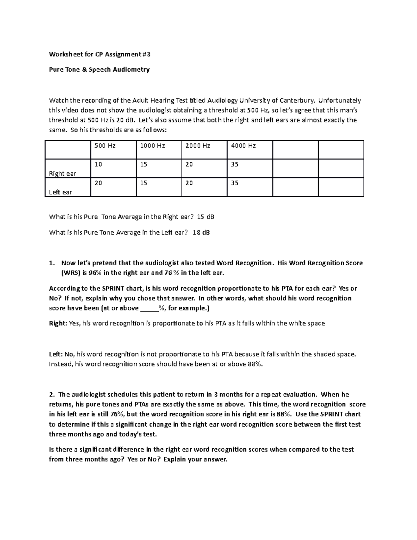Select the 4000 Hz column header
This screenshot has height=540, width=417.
[243, 146]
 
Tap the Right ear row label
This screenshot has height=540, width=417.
[63, 174]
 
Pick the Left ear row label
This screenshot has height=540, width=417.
[60, 192]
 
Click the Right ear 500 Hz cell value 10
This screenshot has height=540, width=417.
[98, 164]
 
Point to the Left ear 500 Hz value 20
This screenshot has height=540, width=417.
[98, 183]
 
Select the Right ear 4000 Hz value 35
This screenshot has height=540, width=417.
[235, 164]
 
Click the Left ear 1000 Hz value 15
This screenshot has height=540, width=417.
[144, 183]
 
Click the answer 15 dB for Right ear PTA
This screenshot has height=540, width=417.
[205, 217]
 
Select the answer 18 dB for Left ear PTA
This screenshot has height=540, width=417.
[201, 232]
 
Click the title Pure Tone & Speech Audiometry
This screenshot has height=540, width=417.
[99, 70]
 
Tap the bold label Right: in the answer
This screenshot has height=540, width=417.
[58, 323]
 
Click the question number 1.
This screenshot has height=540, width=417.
[52, 263]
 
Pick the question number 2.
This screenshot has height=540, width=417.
[52, 395]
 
